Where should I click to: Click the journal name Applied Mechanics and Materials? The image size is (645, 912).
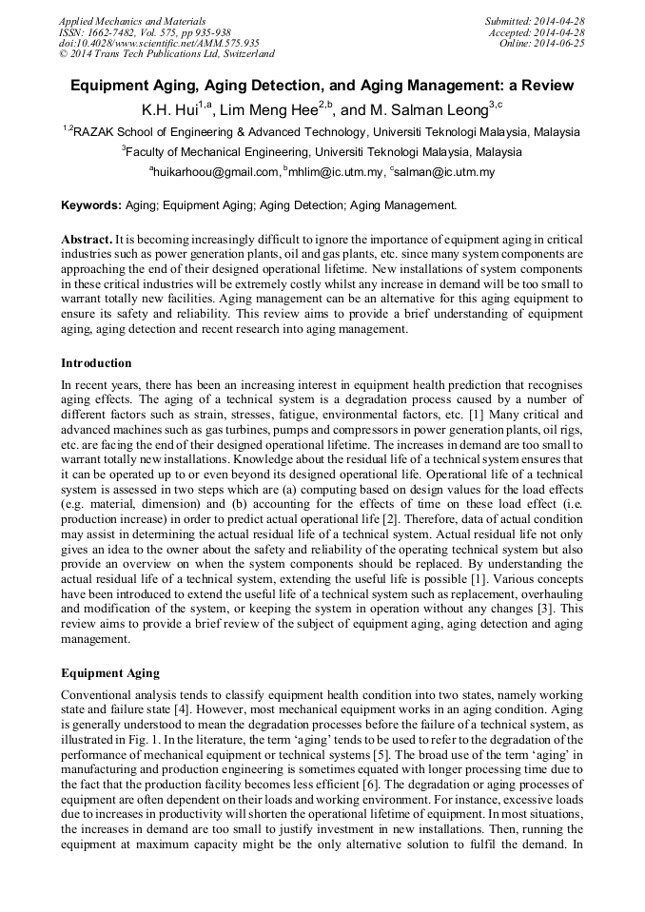point(132,20)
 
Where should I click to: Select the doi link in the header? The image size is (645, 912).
point(159,43)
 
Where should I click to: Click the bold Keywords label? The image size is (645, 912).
point(90,204)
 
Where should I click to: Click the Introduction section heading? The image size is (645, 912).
point(96,362)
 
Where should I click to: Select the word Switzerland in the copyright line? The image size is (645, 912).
point(245,54)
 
